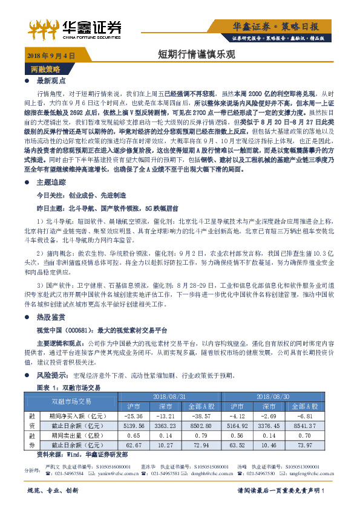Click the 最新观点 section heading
pos(50,80)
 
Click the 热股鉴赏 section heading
pos(50,316)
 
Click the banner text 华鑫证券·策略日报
pos(284,26)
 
